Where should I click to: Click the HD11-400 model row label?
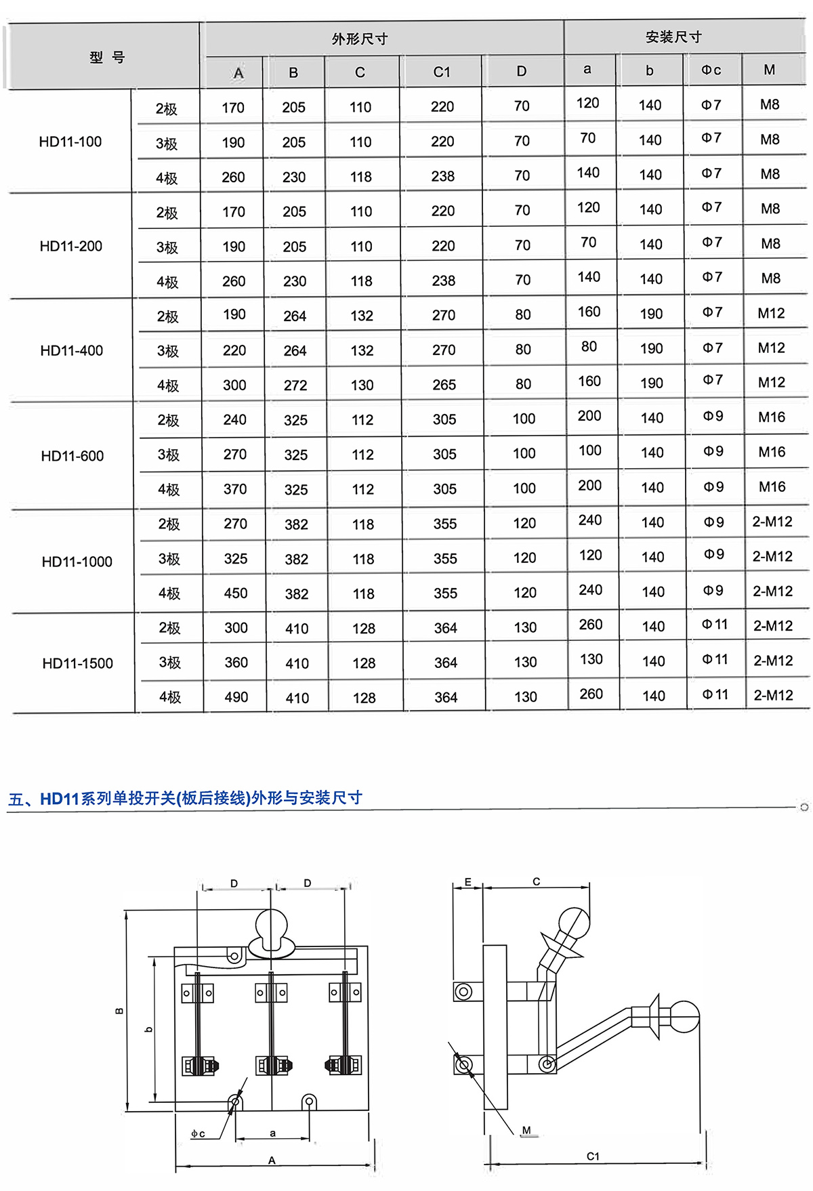coord(72,350)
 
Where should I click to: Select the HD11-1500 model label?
coord(78,663)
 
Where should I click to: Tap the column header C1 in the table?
coord(442,72)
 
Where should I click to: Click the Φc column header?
coord(711,70)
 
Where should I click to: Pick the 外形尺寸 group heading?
coord(360,39)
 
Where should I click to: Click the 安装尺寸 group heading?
coord(673,37)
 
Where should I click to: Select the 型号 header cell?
coord(107,58)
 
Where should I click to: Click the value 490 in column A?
coord(236,697)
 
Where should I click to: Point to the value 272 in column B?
coord(295,385)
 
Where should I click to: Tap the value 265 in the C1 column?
coord(444,385)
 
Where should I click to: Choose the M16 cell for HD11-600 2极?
coord(772,417)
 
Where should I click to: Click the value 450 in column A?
coord(236,593)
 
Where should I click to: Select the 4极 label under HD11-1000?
coord(169,593)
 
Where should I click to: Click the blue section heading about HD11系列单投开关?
coord(185,798)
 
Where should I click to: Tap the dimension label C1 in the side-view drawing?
coord(593,1156)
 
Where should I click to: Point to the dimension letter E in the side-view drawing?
coord(467,882)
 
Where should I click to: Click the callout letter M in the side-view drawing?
coord(526,1130)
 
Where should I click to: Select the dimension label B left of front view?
coord(119,1011)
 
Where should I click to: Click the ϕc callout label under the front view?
coord(198,1133)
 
